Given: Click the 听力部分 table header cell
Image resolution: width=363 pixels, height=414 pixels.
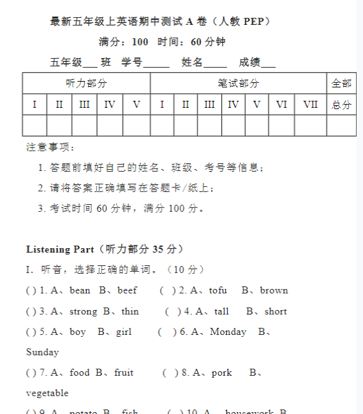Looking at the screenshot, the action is (x=86, y=84).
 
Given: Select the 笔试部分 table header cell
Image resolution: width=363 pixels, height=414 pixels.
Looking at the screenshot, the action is (x=239, y=84).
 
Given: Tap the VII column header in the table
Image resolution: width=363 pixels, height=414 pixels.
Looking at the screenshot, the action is (x=311, y=105).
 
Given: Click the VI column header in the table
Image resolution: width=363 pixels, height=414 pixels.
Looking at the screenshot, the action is (x=281, y=105).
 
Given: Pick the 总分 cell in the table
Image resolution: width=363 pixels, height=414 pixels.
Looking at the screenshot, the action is (x=341, y=105).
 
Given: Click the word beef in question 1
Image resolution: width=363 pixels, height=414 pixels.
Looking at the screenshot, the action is (x=127, y=291).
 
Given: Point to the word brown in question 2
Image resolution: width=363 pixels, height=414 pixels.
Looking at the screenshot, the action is (x=274, y=291).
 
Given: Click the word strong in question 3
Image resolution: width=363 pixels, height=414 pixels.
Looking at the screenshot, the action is (x=83, y=311).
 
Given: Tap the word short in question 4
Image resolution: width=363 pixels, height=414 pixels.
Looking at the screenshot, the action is (x=276, y=311).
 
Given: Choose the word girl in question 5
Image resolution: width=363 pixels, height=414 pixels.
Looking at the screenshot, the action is (x=124, y=332).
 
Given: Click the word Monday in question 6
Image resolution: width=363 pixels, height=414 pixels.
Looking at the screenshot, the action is (x=228, y=332).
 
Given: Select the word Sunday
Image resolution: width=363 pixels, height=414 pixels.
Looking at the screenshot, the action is (x=42, y=352).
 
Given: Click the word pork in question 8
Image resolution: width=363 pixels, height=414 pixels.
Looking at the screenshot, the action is (x=221, y=373).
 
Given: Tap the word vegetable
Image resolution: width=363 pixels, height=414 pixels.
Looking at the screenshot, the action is (x=47, y=393).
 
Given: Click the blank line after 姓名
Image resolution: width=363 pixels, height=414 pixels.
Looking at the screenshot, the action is (x=216, y=64).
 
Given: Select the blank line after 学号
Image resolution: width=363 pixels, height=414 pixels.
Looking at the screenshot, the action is (x=156, y=64).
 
